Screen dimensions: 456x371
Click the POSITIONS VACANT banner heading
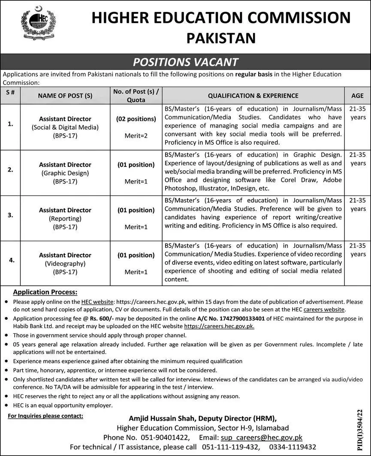[x=185, y=62]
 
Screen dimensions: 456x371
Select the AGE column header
[x=357, y=96]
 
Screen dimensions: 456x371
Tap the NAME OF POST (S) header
[x=65, y=96]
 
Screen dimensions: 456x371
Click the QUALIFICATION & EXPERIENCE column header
[x=253, y=96]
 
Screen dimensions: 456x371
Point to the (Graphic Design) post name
[x=65, y=173]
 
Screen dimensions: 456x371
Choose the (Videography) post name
[x=65, y=263]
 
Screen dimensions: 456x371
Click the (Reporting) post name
[x=65, y=218]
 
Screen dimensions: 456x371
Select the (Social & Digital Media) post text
[x=65, y=127]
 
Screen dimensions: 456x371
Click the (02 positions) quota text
[x=136, y=118]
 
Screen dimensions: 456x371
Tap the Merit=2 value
[x=136, y=136]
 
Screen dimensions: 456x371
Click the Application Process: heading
[x=45, y=292]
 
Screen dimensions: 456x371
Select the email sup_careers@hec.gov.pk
[x=261, y=438]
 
